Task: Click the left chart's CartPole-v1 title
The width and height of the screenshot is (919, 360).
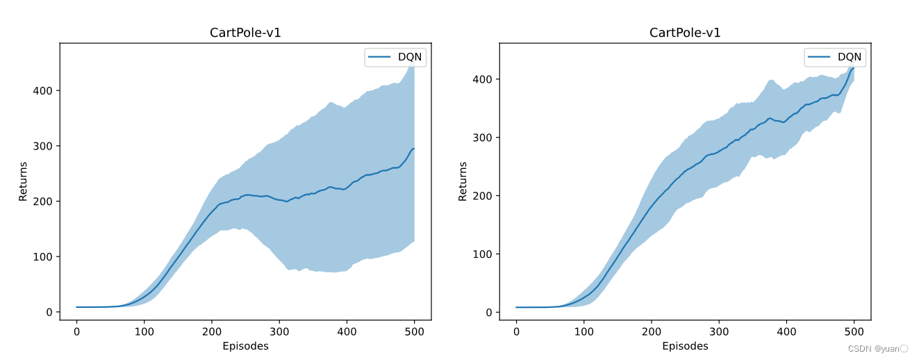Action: [245, 33]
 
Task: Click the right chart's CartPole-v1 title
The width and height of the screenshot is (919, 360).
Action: [685, 33]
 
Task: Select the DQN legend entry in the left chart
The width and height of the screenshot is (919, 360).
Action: [395, 58]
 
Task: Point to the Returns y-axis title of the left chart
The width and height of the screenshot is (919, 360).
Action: [23, 181]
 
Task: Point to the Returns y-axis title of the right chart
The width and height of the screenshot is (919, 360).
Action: [463, 181]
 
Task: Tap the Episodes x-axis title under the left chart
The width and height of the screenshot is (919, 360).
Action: [245, 345]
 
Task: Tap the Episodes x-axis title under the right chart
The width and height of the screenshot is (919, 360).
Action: [685, 345]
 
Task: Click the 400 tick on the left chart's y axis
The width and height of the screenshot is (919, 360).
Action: [43, 90]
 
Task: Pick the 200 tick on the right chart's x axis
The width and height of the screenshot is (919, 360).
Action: [652, 330]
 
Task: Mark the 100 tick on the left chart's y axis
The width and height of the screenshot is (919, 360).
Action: [43, 256]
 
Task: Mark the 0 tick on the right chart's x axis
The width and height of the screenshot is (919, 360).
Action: [516, 330]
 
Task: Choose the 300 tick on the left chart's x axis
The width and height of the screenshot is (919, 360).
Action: [279, 330]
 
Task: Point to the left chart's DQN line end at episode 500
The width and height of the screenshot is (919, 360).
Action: [414, 149]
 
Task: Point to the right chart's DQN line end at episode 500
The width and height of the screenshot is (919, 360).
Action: [854, 67]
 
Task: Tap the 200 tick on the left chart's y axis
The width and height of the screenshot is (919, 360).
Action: [43, 201]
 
